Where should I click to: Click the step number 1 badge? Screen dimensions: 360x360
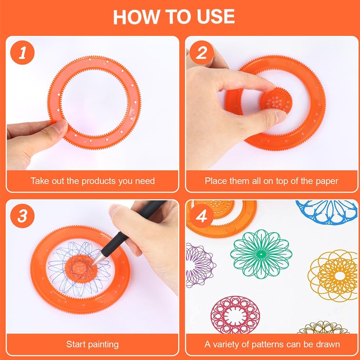click(x=22, y=53)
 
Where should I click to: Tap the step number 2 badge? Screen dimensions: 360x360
click(x=202, y=53)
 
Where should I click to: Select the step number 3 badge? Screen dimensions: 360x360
click(x=22, y=216)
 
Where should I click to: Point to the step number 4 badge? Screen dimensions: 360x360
click(x=202, y=216)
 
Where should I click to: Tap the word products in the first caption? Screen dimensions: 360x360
click(x=99, y=181)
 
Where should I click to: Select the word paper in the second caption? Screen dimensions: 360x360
click(x=327, y=181)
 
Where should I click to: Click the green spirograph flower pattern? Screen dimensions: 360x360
click(x=261, y=254)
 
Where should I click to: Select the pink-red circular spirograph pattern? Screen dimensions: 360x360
click(x=235, y=315)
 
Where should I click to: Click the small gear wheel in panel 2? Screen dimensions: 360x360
click(x=275, y=101)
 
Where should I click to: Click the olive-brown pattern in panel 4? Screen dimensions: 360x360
click(x=323, y=328)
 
